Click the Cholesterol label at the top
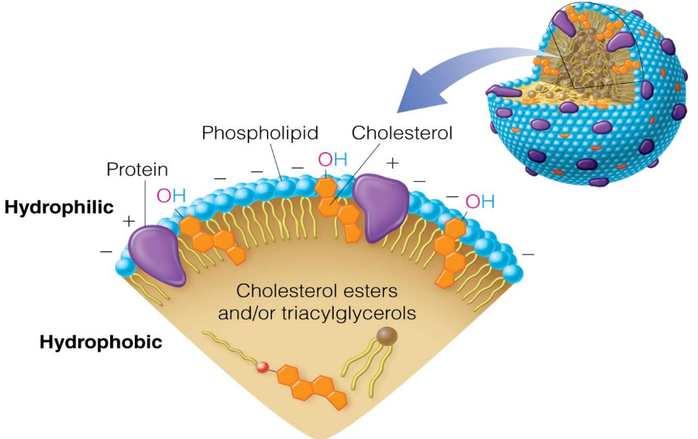tap(402, 133)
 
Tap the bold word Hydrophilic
tap(59, 207)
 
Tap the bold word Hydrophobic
tap(101, 342)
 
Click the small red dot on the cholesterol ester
tap(263, 367)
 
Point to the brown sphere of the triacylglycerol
tap(387, 336)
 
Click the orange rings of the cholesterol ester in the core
tap(312, 384)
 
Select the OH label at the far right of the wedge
tap(479, 202)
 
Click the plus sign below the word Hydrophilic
tap(129, 222)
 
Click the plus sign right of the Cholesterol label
tap(393, 163)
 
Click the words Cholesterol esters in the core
tap(316, 291)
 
